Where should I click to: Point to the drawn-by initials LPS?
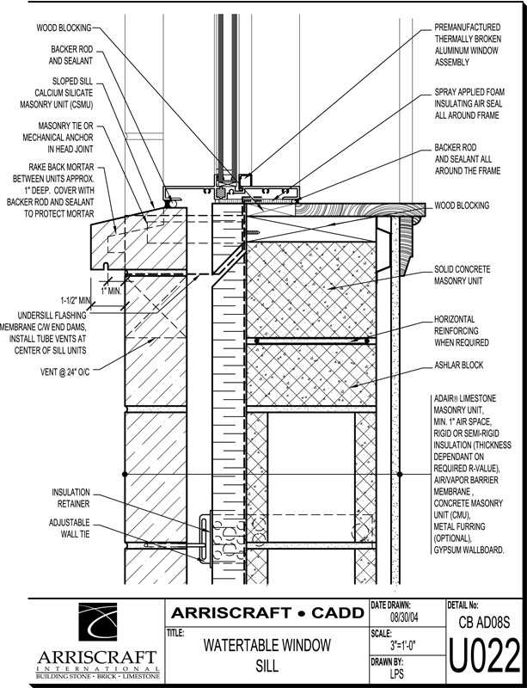[x=397, y=674]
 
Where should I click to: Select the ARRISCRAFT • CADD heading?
[x=267, y=612]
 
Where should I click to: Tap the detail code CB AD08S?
[x=485, y=622]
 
